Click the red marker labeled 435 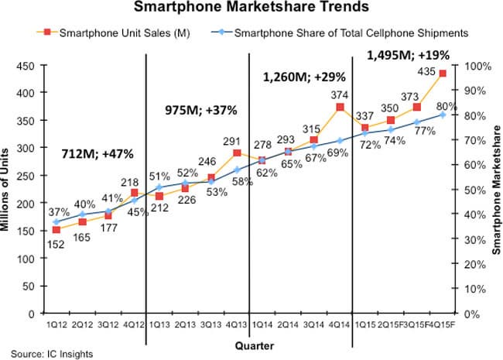(442, 74)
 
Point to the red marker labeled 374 (340, 107)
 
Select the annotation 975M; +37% (197, 110)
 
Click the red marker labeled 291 (237, 153)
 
